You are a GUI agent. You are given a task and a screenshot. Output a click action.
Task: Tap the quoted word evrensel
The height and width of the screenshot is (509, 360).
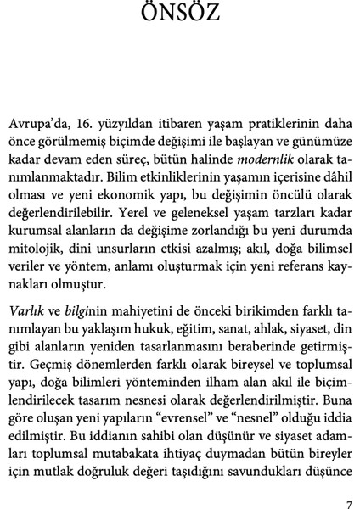[x=187, y=411]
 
